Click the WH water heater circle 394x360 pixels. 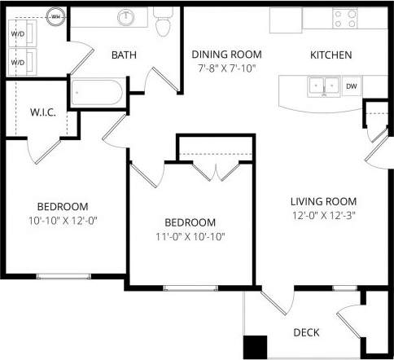pos(55,15)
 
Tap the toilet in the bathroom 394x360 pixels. pos(163,24)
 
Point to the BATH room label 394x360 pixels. pos(124,55)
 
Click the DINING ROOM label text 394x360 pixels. pos(222,55)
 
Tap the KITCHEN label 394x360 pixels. pos(331,55)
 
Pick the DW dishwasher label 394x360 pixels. pos(351,86)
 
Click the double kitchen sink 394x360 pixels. pos(322,86)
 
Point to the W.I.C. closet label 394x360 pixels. pos(42,112)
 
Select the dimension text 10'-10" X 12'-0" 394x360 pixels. pos(63,220)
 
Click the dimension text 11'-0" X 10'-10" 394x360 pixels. pos(190,236)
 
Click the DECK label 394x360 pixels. pos(305,332)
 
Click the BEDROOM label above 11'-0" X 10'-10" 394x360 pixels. pos(190,222)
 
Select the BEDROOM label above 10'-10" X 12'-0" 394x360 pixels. pos(63,206)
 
